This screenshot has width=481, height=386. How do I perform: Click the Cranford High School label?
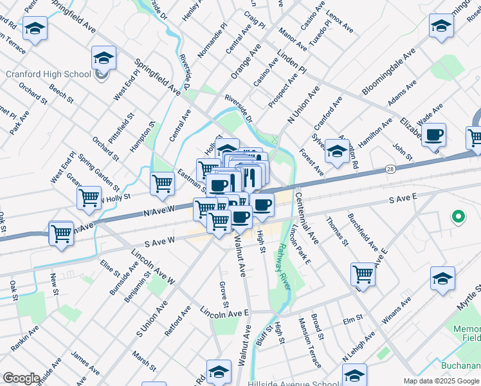[48, 74]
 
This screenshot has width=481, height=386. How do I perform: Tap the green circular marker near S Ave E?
[458, 217]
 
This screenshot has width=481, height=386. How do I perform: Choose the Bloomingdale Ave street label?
[388, 71]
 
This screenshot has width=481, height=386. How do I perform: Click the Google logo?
[21, 378]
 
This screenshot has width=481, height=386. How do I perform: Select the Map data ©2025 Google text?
[442, 381]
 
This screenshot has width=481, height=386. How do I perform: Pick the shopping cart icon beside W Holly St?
[89, 198]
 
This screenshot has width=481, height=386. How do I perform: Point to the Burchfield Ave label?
[363, 232]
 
